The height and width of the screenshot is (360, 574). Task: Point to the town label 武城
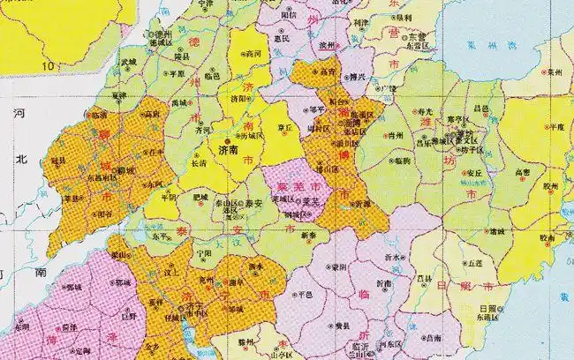(x=129, y=61)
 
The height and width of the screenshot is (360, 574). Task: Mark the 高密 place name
(x=522, y=173)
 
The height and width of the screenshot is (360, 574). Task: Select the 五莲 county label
(x=476, y=263)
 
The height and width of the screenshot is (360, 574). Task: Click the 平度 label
(x=555, y=127)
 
